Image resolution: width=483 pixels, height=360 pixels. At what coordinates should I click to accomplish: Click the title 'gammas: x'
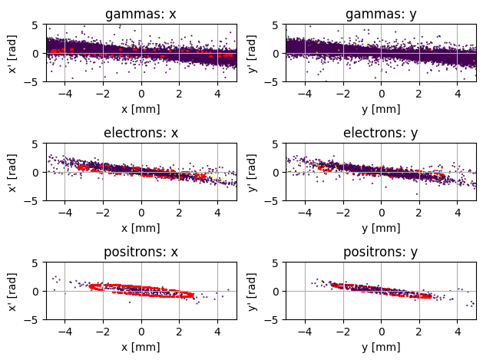tap(141, 14)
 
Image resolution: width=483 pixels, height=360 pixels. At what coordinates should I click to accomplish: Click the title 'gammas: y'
tap(381, 14)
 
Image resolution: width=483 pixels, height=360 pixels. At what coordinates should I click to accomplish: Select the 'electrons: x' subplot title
tap(141, 133)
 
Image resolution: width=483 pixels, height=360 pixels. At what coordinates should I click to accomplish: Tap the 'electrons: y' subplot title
tap(381, 133)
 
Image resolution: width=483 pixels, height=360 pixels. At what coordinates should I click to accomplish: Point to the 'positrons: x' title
tap(141, 252)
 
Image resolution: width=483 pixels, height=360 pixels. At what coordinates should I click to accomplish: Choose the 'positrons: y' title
tap(381, 252)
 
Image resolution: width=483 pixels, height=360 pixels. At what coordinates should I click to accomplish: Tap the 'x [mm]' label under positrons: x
tap(141, 346)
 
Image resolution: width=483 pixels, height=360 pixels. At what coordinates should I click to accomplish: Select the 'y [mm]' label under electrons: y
tap(381, 227)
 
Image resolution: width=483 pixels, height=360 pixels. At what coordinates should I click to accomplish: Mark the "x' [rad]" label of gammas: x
tap(12, 53)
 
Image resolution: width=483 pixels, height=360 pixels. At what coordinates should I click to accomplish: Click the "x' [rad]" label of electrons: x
tap(12, 172)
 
